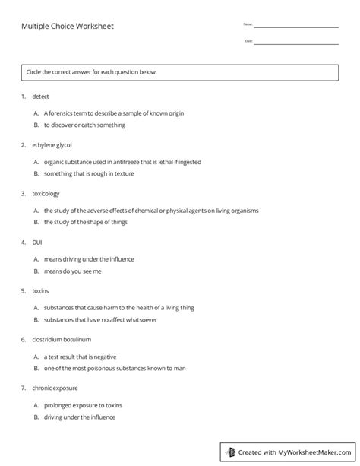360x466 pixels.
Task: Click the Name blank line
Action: point(296,27)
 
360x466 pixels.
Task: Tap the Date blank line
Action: point(296,43)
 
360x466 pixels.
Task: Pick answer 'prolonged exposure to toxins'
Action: point(83,405)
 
